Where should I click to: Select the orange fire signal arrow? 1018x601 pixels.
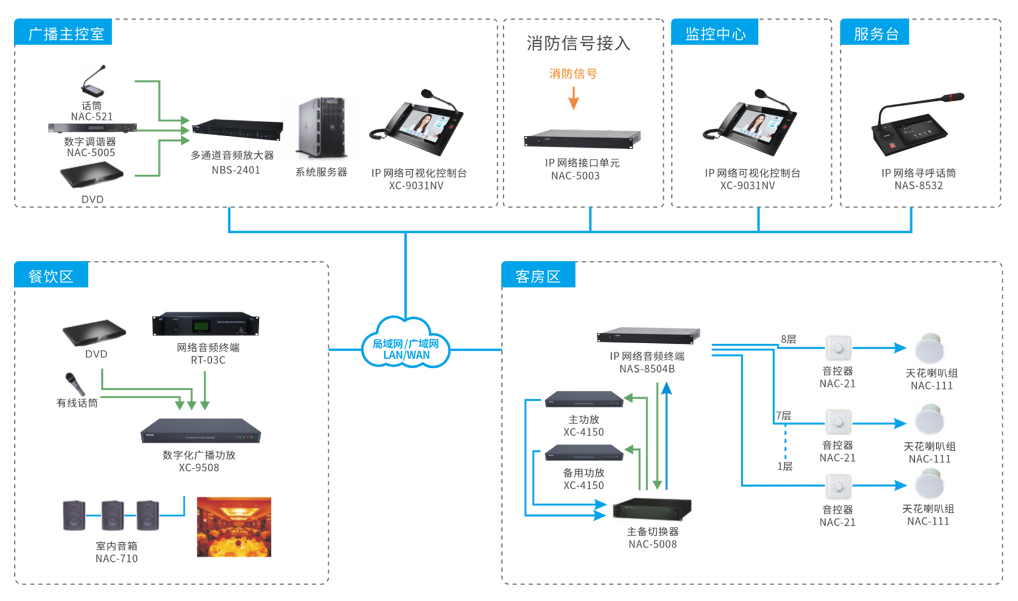pyautogui.click(x=573, y=98)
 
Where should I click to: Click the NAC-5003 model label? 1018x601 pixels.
pyautogui.click(x=575, y=176)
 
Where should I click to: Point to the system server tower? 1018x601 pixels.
pyautogui.click(x=321, y=129)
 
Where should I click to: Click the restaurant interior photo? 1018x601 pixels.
pyautogui.click(x=234, y=526)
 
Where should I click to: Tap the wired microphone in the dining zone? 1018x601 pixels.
pyautogui.click(x=75, y=384)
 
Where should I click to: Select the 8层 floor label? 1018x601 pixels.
pyautogui.click(x=788, y=340)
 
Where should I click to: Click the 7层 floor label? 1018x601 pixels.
pyautogui.click(x=783, y=415)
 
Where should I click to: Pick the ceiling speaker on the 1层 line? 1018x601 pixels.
pyautogui.click(x=929, y=485)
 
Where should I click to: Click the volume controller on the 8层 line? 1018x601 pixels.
pyautogui.click(x=838, y=348)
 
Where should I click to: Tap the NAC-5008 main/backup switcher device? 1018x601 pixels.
pyautogui.click(x=652, y=508)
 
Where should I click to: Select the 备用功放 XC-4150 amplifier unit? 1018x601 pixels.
pyautogui.click(x=583, y=454)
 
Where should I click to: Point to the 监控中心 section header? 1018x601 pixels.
pyautogui.click(x=714, y=33)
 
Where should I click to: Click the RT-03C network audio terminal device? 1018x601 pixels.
pyautogui.click(x=205, y=324)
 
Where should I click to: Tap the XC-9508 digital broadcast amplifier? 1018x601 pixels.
pyautogui.click(x=200, y=431)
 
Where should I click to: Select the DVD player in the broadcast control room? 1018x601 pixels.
pyautogui.click(x=92, y=177)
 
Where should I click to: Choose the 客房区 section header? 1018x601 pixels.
pyautogui.click(x=537, y=276)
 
